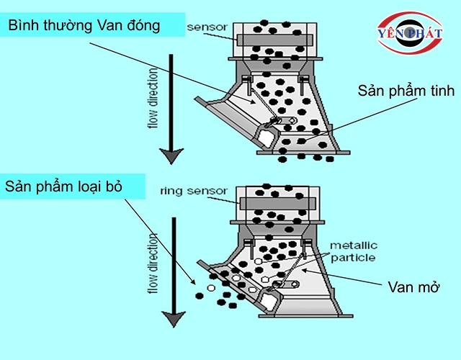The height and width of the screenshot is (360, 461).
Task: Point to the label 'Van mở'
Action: [x=413, y=287]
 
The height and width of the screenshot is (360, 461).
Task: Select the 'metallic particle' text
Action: [x=352, y=251]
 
